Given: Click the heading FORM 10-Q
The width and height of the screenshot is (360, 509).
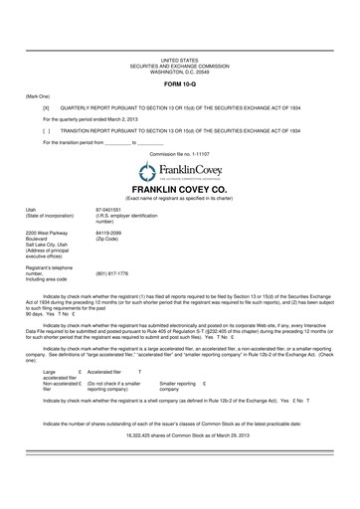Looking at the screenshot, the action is tap(179, 83).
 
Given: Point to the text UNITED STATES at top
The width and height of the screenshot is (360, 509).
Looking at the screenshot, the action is tap(179, 61).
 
